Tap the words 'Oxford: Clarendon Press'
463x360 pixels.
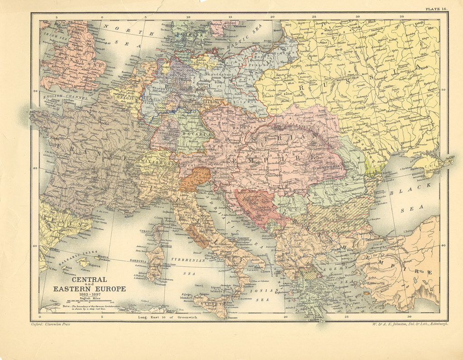51,324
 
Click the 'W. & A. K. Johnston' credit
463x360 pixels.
409,324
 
